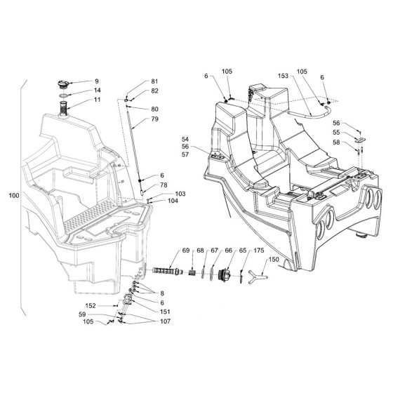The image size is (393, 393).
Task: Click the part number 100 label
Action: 14,196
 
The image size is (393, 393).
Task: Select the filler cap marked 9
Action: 63,84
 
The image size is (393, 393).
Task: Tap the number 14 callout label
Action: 98,91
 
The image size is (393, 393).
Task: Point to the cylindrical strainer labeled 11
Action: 63,108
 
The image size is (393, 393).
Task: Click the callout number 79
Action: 155,119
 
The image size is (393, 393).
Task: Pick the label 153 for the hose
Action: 284,76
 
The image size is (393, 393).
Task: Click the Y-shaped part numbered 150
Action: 258,277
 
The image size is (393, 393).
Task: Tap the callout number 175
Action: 259,251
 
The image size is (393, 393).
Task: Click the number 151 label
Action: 165,312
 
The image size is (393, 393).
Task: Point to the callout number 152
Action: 91,306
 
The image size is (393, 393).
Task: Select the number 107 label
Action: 165,321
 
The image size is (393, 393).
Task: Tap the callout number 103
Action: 180,194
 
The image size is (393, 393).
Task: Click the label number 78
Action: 164,185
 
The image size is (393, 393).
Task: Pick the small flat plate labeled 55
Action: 361,140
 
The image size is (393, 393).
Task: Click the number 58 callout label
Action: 336,142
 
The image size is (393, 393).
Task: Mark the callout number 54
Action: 185,140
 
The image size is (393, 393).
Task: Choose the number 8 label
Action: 162,293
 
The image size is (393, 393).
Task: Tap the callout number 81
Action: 154,81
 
